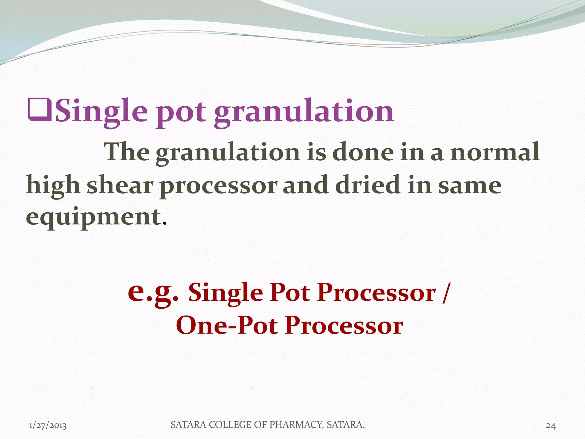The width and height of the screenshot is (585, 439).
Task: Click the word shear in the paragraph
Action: click(x=120, y=185)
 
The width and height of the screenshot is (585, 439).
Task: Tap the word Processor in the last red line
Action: click(x=344, y=326)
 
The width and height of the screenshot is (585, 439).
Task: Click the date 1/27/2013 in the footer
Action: click(x=48, y=426)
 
